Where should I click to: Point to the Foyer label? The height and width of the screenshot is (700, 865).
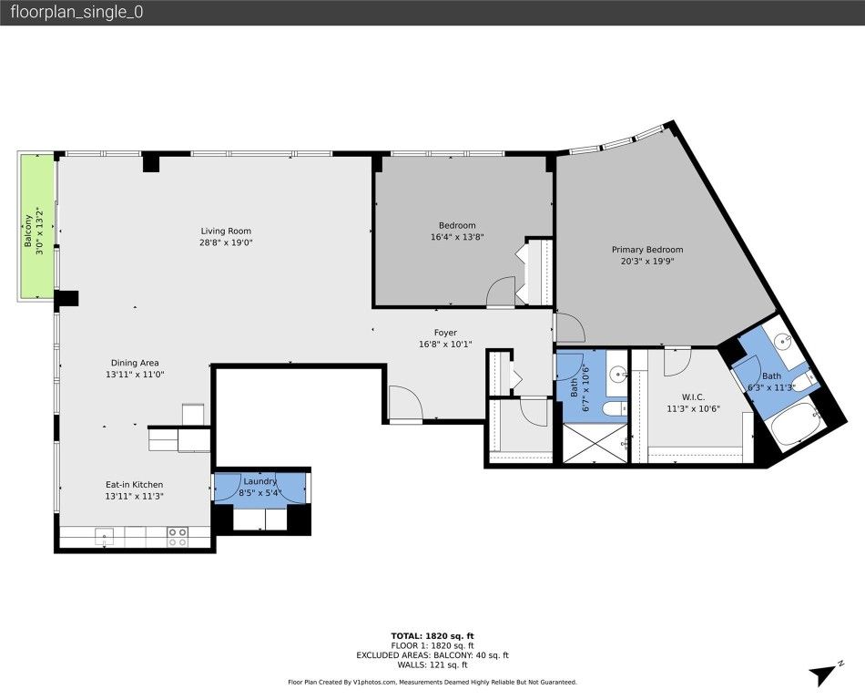click(444, 338)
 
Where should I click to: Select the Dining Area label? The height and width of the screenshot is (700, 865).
click(135, 368)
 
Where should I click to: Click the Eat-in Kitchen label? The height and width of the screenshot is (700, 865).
click(133, 490)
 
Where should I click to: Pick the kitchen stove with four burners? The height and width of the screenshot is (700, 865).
click(178, 537)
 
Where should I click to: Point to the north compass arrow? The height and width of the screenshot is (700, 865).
click(821, 674)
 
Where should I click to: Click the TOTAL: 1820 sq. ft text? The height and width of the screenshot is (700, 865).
click(432, 635)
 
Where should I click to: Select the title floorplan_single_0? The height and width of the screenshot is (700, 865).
click(76, 13)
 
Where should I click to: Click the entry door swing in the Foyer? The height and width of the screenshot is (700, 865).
click(403, 404)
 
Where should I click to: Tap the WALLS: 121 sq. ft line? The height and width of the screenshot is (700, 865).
click(432, 664)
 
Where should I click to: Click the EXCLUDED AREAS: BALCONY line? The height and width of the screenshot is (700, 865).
click(432, 654)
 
